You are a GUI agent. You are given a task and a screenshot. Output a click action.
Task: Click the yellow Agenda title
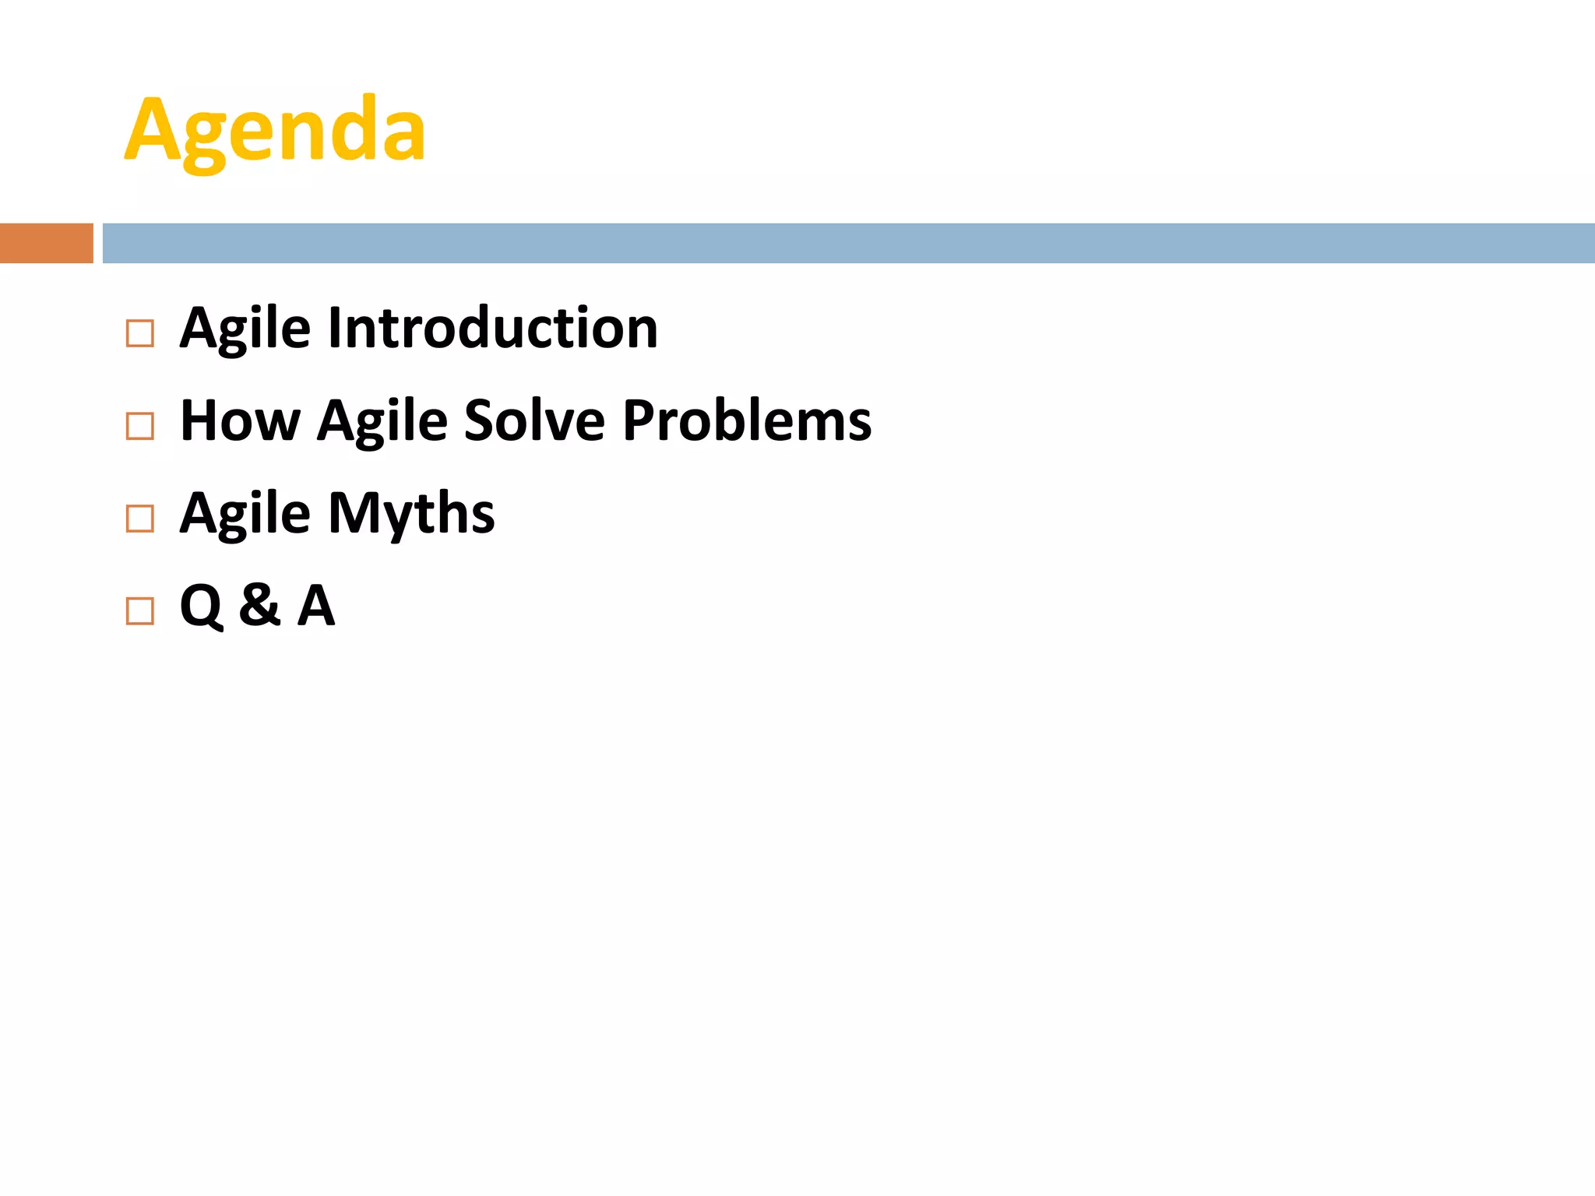click(275, 130)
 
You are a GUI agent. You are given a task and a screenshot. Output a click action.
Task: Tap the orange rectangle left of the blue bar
click(46, 243)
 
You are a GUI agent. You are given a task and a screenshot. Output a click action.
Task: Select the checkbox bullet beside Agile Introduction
click(140, 333)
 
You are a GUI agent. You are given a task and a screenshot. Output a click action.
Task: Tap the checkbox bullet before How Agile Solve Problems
click(140, 426)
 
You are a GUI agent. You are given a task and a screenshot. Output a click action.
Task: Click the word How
click(239, 420)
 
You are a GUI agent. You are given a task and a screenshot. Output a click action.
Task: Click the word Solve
click(534, 420)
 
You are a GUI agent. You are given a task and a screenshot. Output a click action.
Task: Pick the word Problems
click(747, 420)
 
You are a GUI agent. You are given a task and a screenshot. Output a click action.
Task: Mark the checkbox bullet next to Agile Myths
click(140, 519)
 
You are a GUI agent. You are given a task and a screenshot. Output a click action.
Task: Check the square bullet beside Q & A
click(140, 611)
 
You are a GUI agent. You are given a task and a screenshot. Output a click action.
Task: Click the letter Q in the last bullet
click(201, 607)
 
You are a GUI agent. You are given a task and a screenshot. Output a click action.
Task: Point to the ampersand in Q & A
click(259, 605)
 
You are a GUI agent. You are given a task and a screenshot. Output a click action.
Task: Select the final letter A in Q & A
click(316, 605)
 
